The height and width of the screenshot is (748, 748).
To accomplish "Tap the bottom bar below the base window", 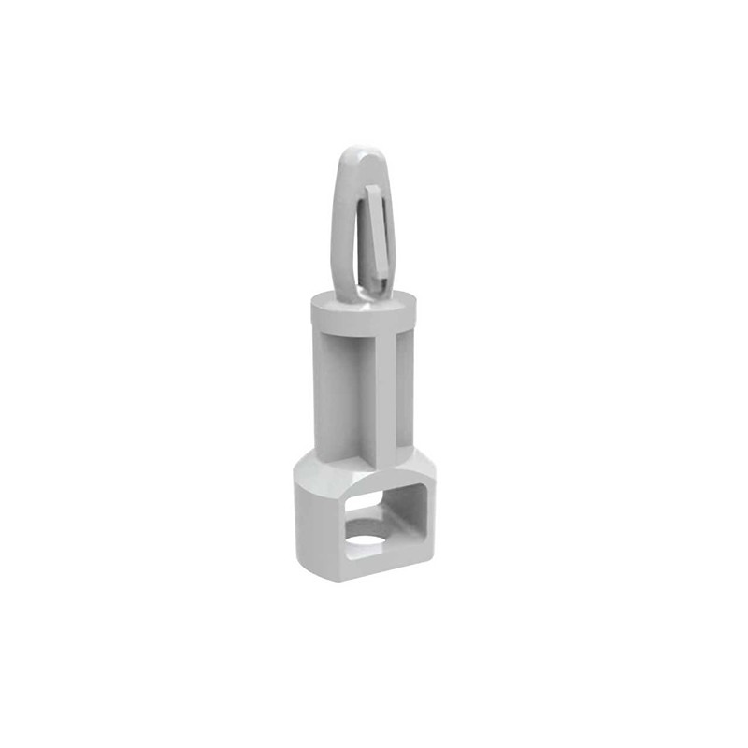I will pyautogui.click(x=383, y=567).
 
